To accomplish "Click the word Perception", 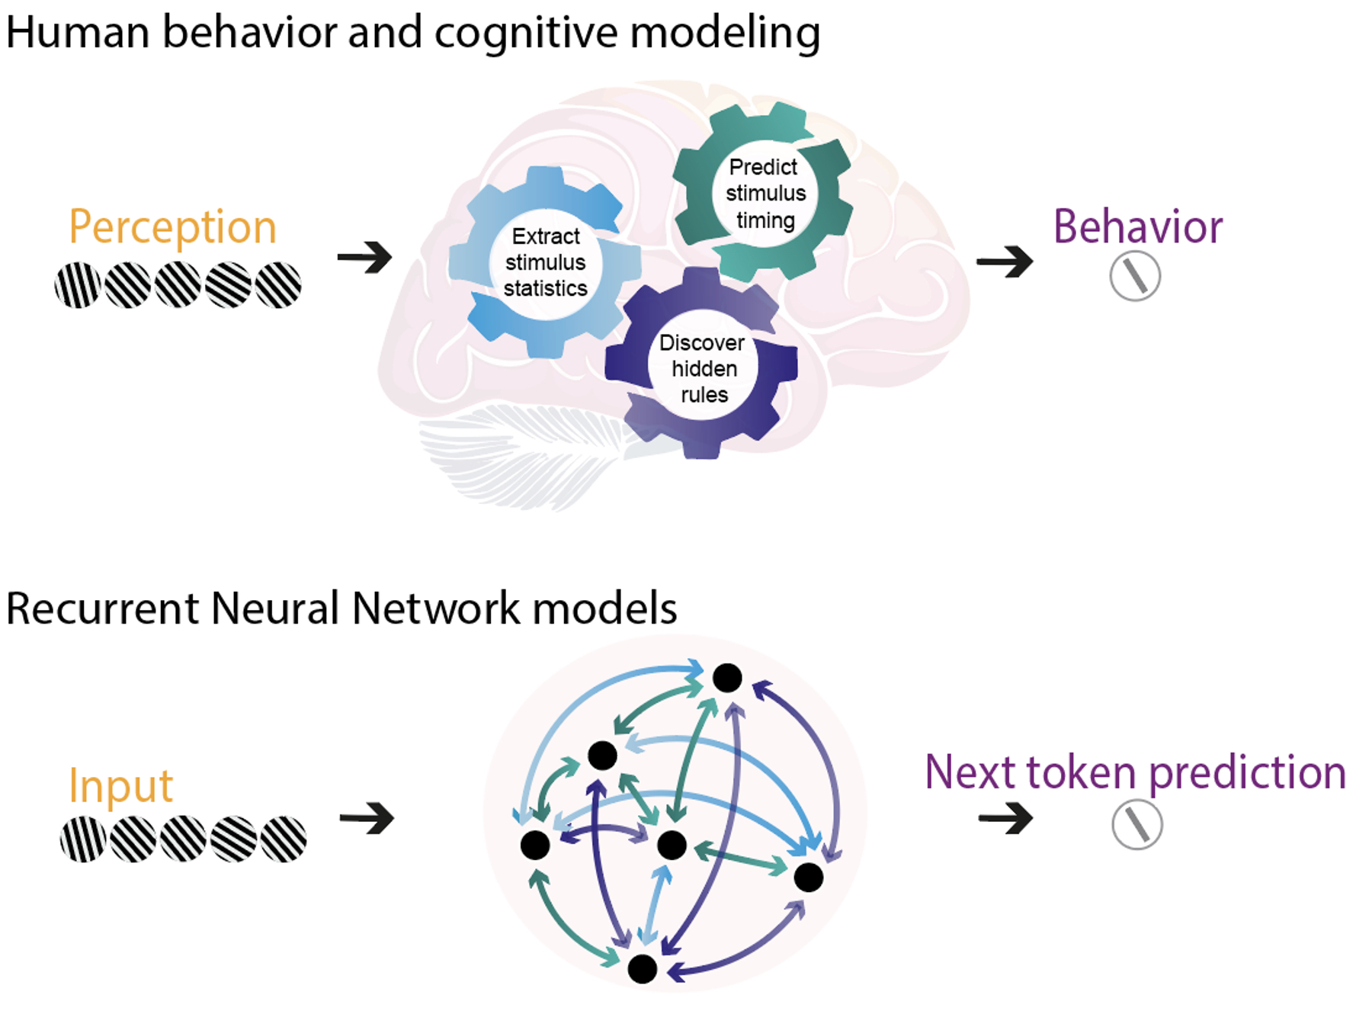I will coord(172,227).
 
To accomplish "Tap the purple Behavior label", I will coord(1137,227).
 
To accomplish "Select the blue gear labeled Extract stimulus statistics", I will coord(545,262).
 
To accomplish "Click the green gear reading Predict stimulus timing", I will coord(764,193).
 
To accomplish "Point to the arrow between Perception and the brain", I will coord(365,257).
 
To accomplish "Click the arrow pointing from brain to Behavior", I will coord(1005,262).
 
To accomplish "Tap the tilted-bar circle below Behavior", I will coord(1135,277).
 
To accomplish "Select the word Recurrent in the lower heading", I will coord(104,608).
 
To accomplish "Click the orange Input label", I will coord(120,785).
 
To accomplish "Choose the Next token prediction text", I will coord(1135,772).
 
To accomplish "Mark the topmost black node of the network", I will coord(727,677).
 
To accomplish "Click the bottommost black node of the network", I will coord(642,969).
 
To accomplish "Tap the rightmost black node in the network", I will coord(808,878).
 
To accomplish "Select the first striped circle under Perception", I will coord(78,285).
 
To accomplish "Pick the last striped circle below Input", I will coord(284,839).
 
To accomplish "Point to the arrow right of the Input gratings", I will coord(367,818).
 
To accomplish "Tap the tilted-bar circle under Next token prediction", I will coord(1136,825).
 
